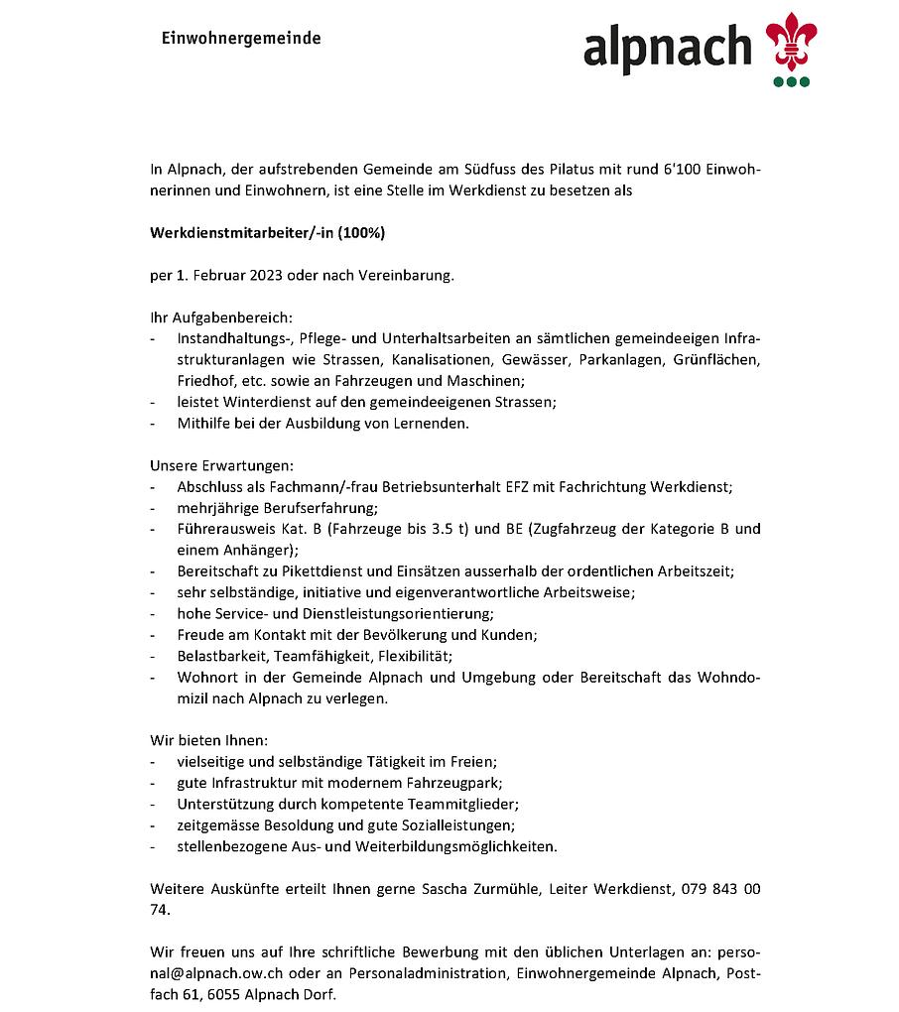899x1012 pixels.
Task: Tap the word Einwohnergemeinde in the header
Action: click(241, 39)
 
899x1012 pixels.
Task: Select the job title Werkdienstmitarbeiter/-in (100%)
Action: click(268, 233)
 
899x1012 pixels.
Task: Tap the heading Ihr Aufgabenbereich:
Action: click(221, 317)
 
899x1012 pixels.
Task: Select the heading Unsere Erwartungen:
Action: click(221, 465)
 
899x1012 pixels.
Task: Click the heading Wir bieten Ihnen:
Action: click(209, 741)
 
